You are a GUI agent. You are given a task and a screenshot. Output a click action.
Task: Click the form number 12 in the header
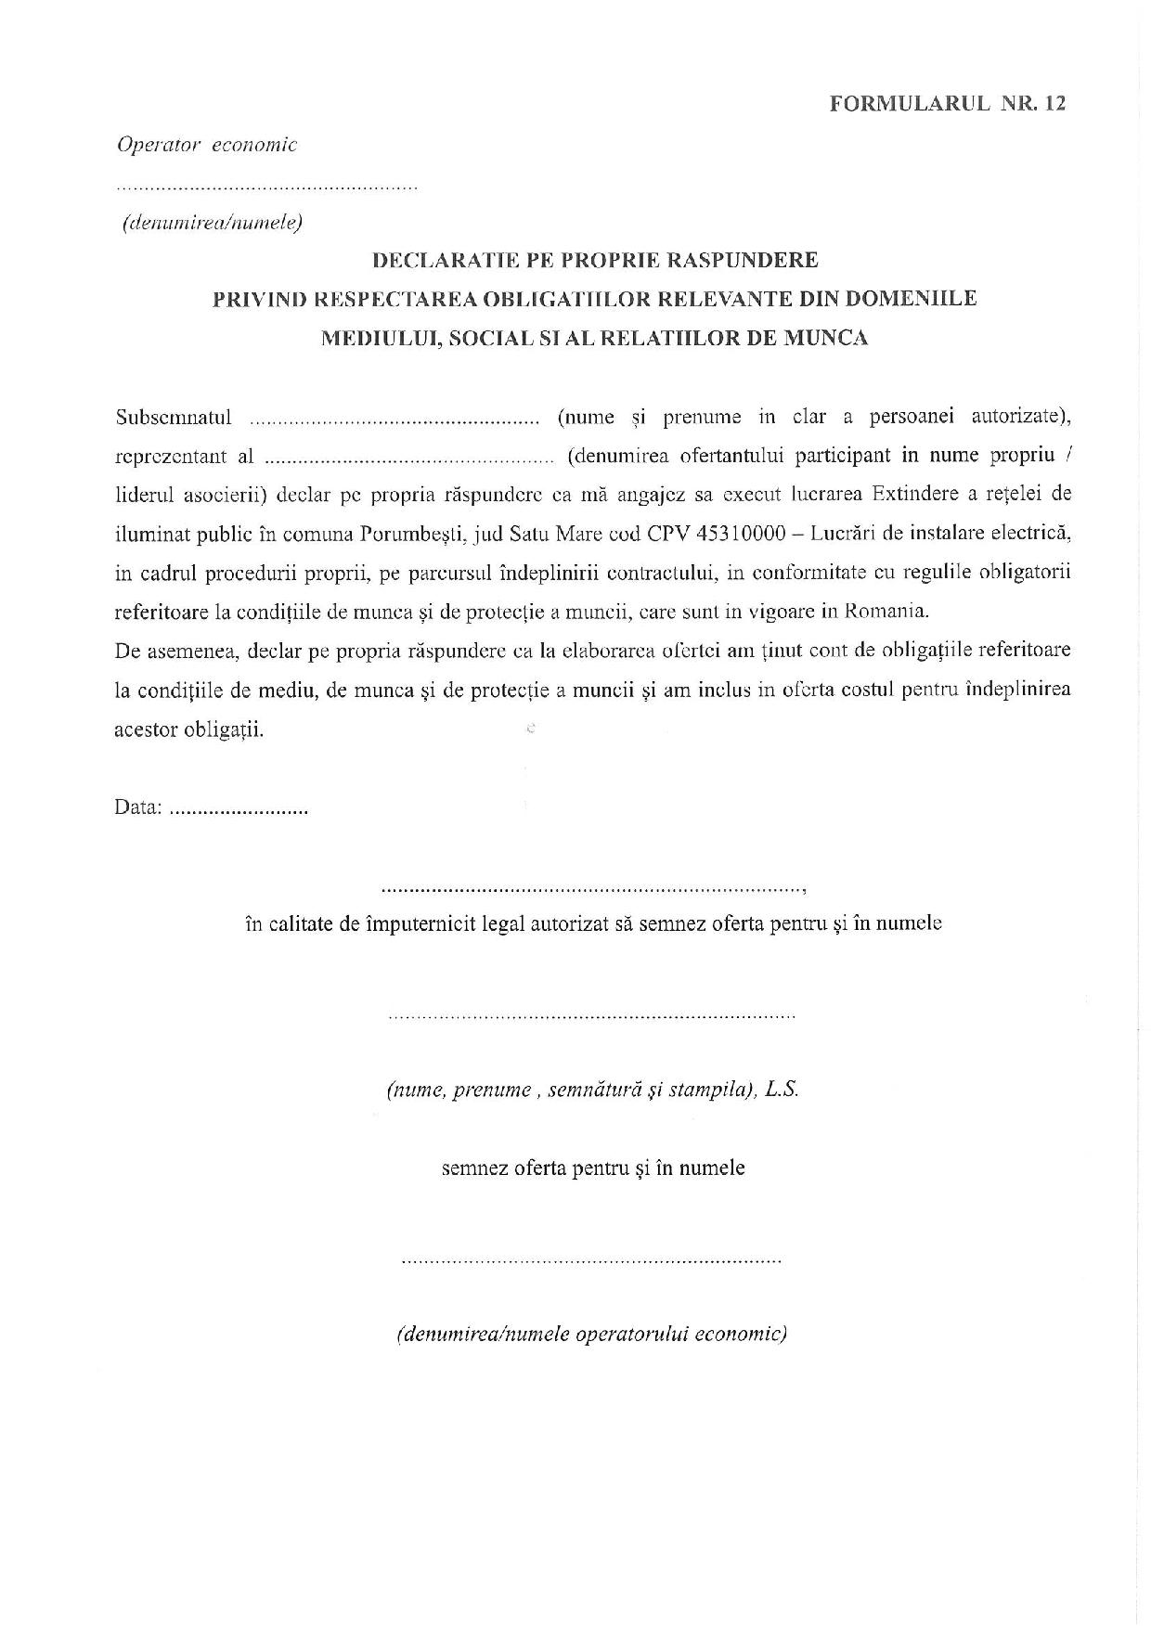1054,104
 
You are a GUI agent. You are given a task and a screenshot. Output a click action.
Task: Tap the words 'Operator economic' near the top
206,145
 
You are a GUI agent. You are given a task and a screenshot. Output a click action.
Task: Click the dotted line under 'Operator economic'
266,187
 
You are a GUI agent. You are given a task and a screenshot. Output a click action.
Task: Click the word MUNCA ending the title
826,338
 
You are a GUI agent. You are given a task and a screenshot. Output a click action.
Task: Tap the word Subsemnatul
174,418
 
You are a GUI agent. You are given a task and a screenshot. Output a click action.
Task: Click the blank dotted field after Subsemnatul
395,419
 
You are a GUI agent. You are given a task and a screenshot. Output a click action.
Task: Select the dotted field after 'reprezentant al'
408,458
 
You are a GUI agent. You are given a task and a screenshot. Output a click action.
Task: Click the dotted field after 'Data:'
239,809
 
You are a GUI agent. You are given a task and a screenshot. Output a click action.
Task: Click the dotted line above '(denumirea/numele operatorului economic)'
591,1261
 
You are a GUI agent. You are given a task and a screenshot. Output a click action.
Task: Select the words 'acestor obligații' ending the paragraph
189,729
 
